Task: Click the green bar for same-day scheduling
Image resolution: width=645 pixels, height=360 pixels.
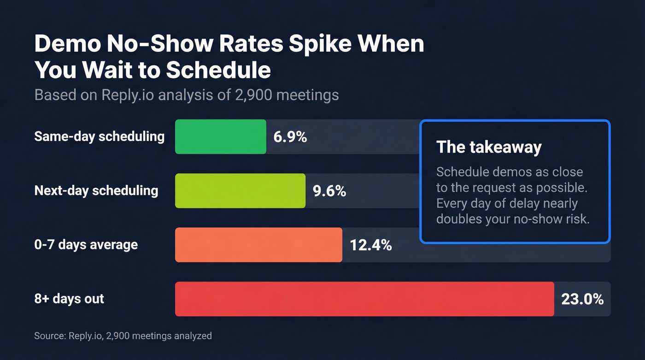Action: click(220, 136)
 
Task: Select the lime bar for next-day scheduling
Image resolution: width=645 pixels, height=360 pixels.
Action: click(240, 191)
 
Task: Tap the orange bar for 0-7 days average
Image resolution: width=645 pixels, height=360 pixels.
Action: click(258, 245)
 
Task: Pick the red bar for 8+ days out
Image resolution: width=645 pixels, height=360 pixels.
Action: click(364, 299)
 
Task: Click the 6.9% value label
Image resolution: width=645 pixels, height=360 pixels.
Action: click(290, 137)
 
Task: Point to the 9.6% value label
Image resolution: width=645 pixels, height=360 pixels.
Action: click(329, 191)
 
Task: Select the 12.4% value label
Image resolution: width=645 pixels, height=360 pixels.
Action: click(371, 245)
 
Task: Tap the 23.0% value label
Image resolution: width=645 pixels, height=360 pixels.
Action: click(582, 299)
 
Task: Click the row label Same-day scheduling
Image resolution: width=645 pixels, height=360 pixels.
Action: click(99, 136)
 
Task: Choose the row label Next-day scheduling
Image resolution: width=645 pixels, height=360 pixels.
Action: click(96, 191)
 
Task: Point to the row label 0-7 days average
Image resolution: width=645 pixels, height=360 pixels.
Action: click(86, 244)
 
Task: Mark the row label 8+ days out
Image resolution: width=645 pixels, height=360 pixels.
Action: click(69, 299)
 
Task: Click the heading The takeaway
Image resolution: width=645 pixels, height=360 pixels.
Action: click(489, 147)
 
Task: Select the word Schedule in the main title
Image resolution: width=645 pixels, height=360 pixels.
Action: click(218, 70)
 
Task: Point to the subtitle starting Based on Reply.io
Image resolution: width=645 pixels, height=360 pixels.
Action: click(187, 95)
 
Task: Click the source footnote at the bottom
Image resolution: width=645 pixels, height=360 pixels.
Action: click(123, 336)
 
